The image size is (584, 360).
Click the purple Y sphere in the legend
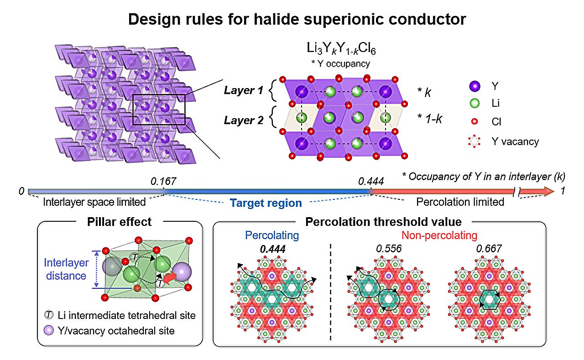(474, 86)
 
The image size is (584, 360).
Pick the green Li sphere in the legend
(474, 104)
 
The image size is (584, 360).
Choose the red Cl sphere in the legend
(474, 122)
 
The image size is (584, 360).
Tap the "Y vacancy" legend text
(517, 141)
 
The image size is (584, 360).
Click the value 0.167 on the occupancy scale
(163, 181)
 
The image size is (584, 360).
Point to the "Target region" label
(266, 203)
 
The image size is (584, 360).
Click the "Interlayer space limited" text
(94, 202)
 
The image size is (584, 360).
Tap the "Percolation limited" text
(461, 202)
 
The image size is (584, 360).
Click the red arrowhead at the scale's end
(549, 191)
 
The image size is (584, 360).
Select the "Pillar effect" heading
(119, 223)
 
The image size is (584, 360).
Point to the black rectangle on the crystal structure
(159, 110)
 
